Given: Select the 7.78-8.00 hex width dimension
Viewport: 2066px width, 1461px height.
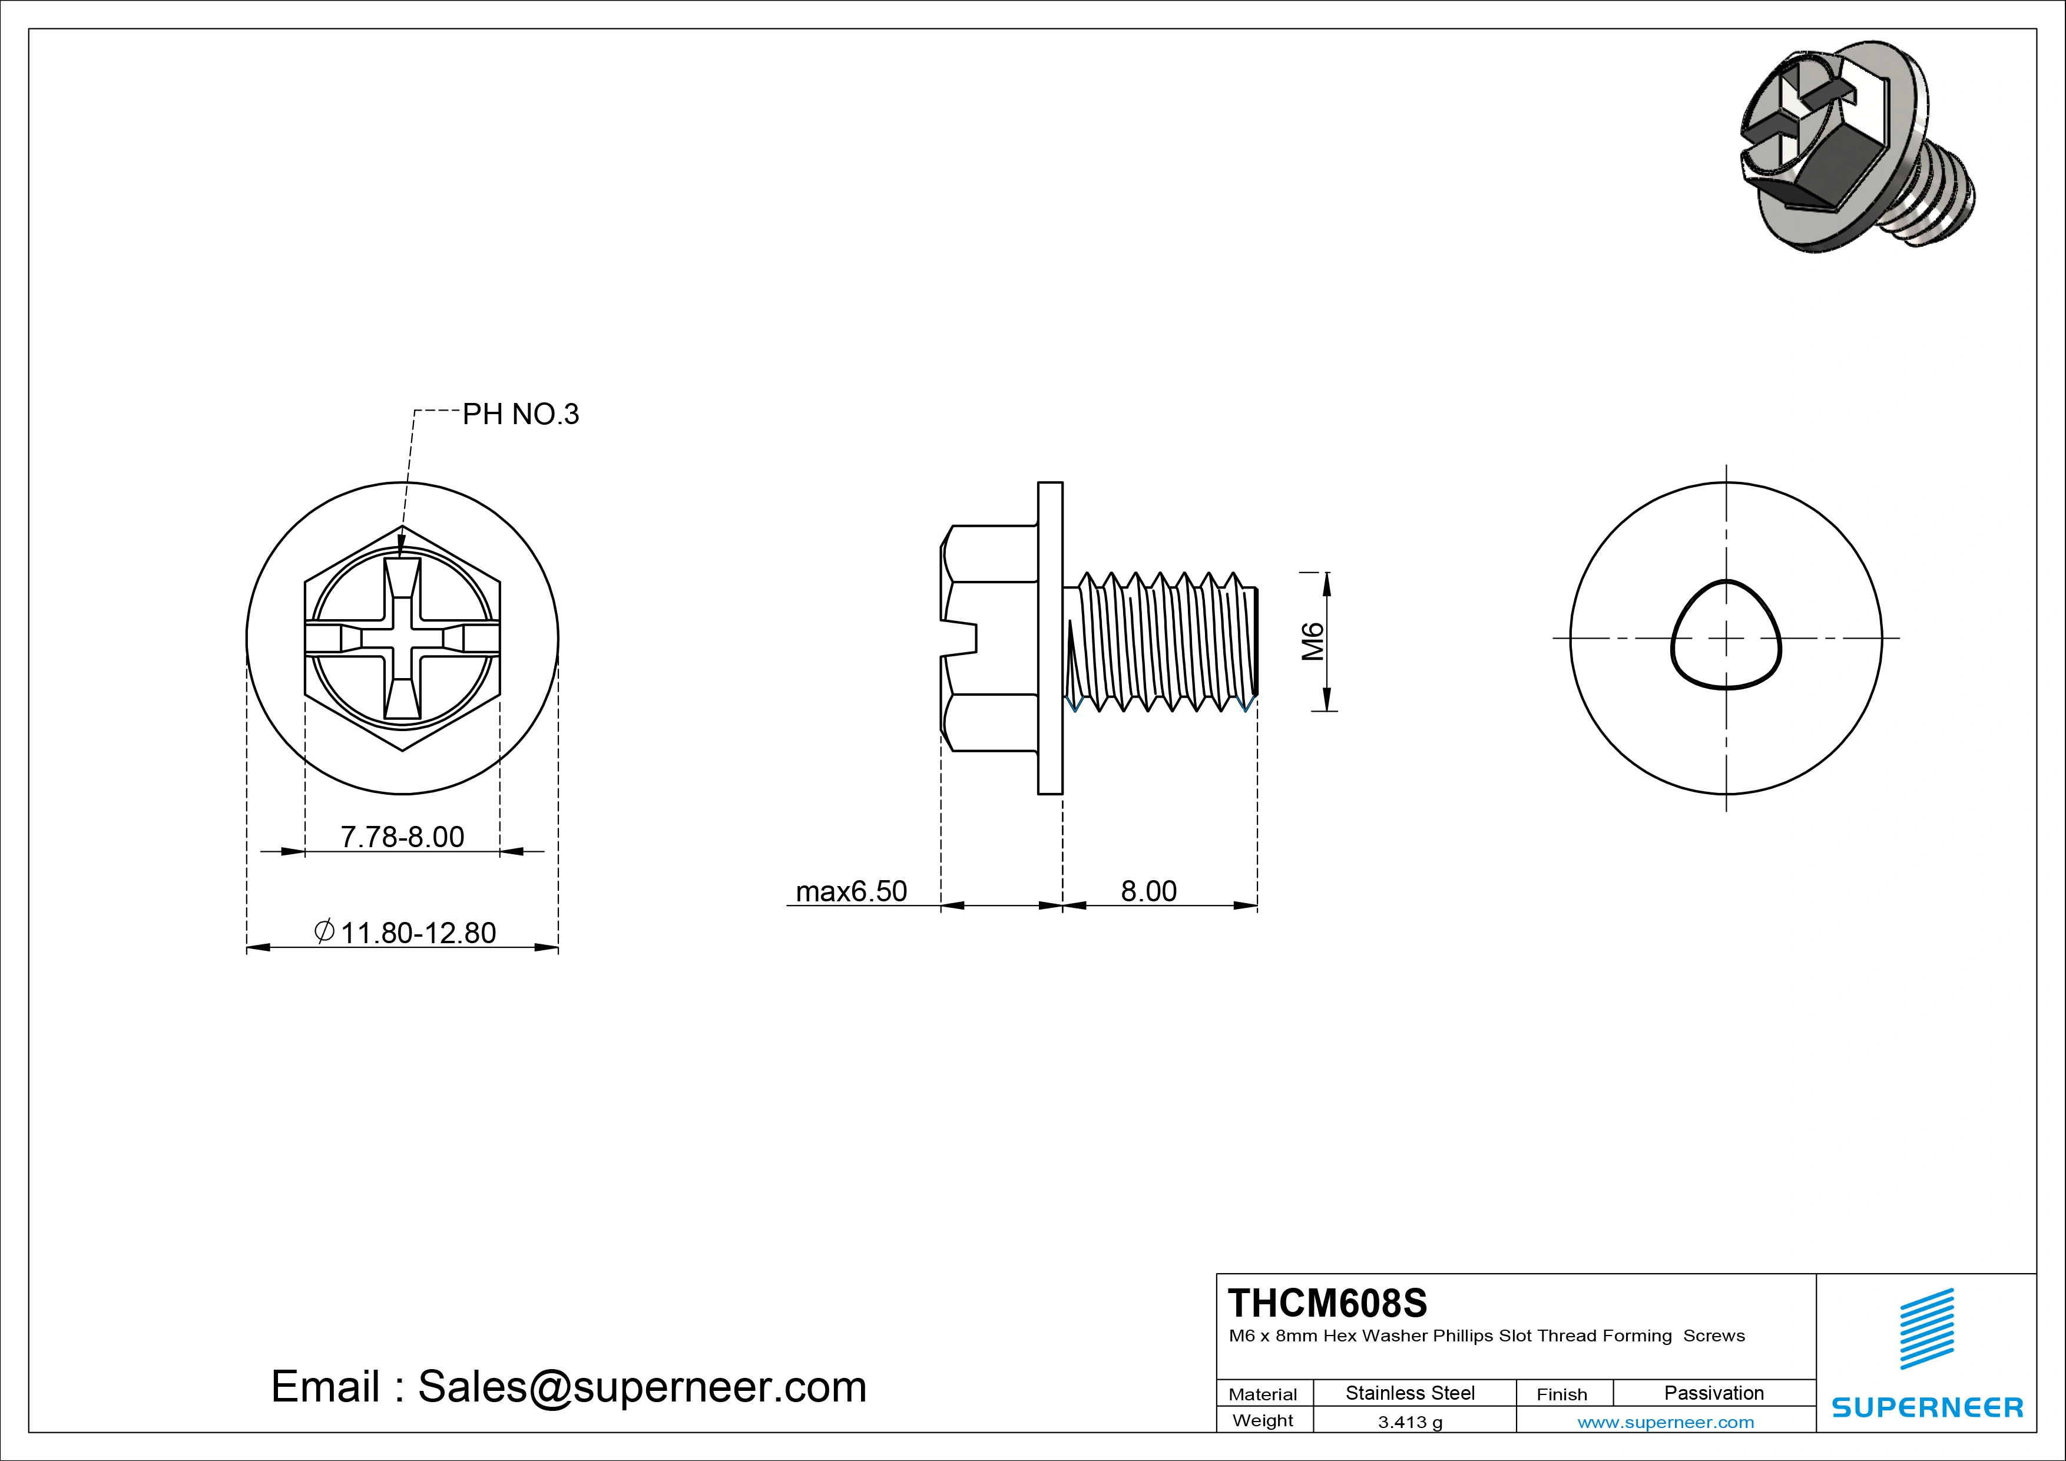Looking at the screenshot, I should click(402, 837).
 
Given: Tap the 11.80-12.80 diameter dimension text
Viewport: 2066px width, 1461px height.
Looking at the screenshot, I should click(418, 933).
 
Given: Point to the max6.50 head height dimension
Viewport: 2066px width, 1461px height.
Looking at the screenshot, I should click(851, 891).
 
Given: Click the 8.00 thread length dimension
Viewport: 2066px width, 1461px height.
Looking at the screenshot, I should click(1148, 891).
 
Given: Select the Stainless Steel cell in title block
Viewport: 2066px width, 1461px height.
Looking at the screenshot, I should click(1410, 1393).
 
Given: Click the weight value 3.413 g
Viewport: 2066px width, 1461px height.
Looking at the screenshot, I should click(1410, 1422).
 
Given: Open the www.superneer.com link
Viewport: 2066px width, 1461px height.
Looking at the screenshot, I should click(1666, 1422).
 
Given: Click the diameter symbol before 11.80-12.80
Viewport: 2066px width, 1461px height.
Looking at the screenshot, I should click(325, 931).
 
